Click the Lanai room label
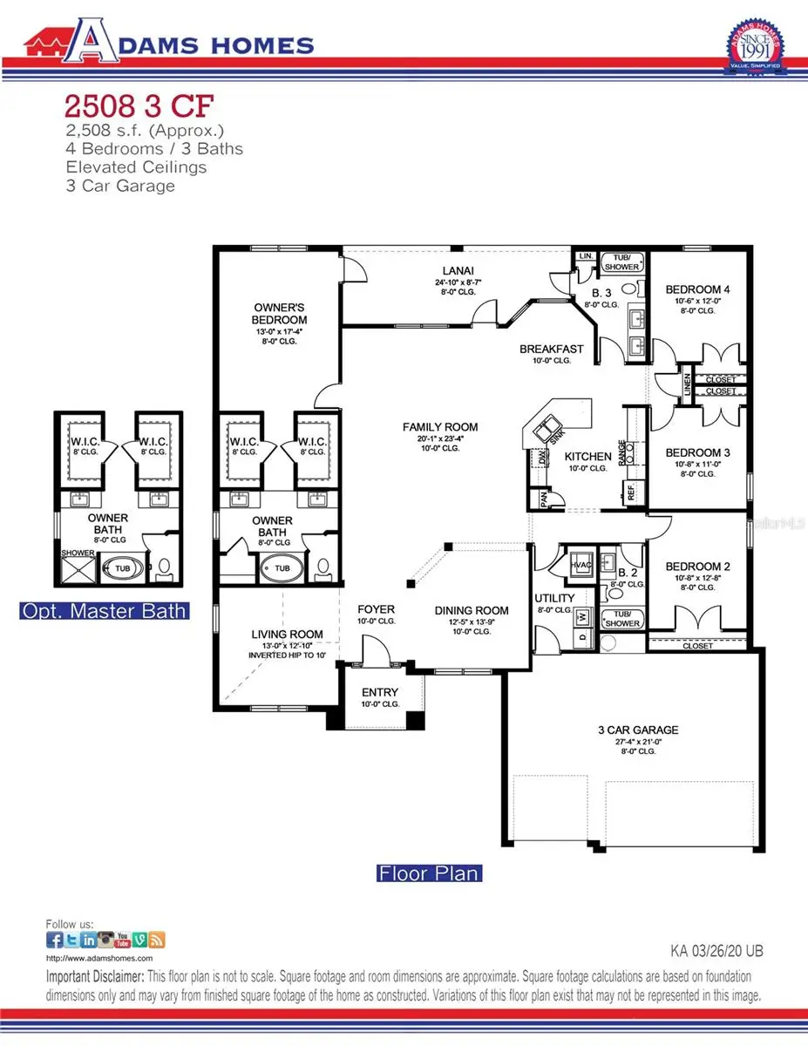452,271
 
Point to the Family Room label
440,426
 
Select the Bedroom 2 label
696,567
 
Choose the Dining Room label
472,610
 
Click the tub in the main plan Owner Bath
282,568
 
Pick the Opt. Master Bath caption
104,610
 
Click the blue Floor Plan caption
429,873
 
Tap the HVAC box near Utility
580,564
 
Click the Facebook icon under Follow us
54,940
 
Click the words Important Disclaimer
94,977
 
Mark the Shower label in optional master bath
78,553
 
